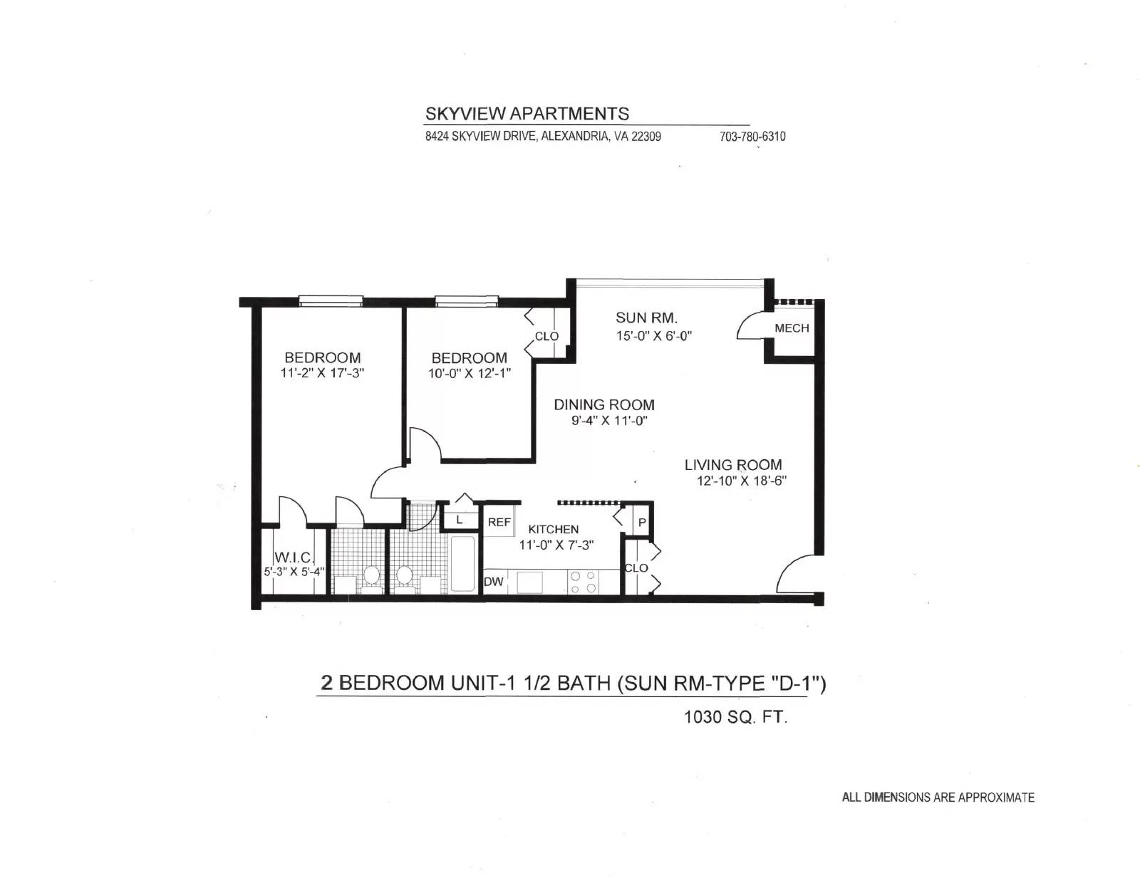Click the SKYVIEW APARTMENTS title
pos(527,113)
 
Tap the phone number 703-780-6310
pos(752,137)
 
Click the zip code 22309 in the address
pos(646,137)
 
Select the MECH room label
pos(792,328)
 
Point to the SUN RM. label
pos(646,318)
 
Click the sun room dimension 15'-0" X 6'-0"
pos(653,335)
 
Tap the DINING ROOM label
pos(604,404)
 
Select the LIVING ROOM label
pos(733,464)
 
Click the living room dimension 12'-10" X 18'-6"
pos(741,481)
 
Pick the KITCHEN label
pos(553,530)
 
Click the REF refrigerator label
pos(499,522)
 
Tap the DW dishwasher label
pos(493,582)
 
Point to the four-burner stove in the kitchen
pos(582,582)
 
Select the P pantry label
pos(642,523)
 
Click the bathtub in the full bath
pos(462,564)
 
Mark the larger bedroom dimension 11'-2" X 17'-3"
pos(322,373)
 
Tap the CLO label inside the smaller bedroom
pos(546,337)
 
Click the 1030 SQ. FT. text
pos(735,717)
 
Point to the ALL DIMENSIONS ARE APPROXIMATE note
pos(938,797)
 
